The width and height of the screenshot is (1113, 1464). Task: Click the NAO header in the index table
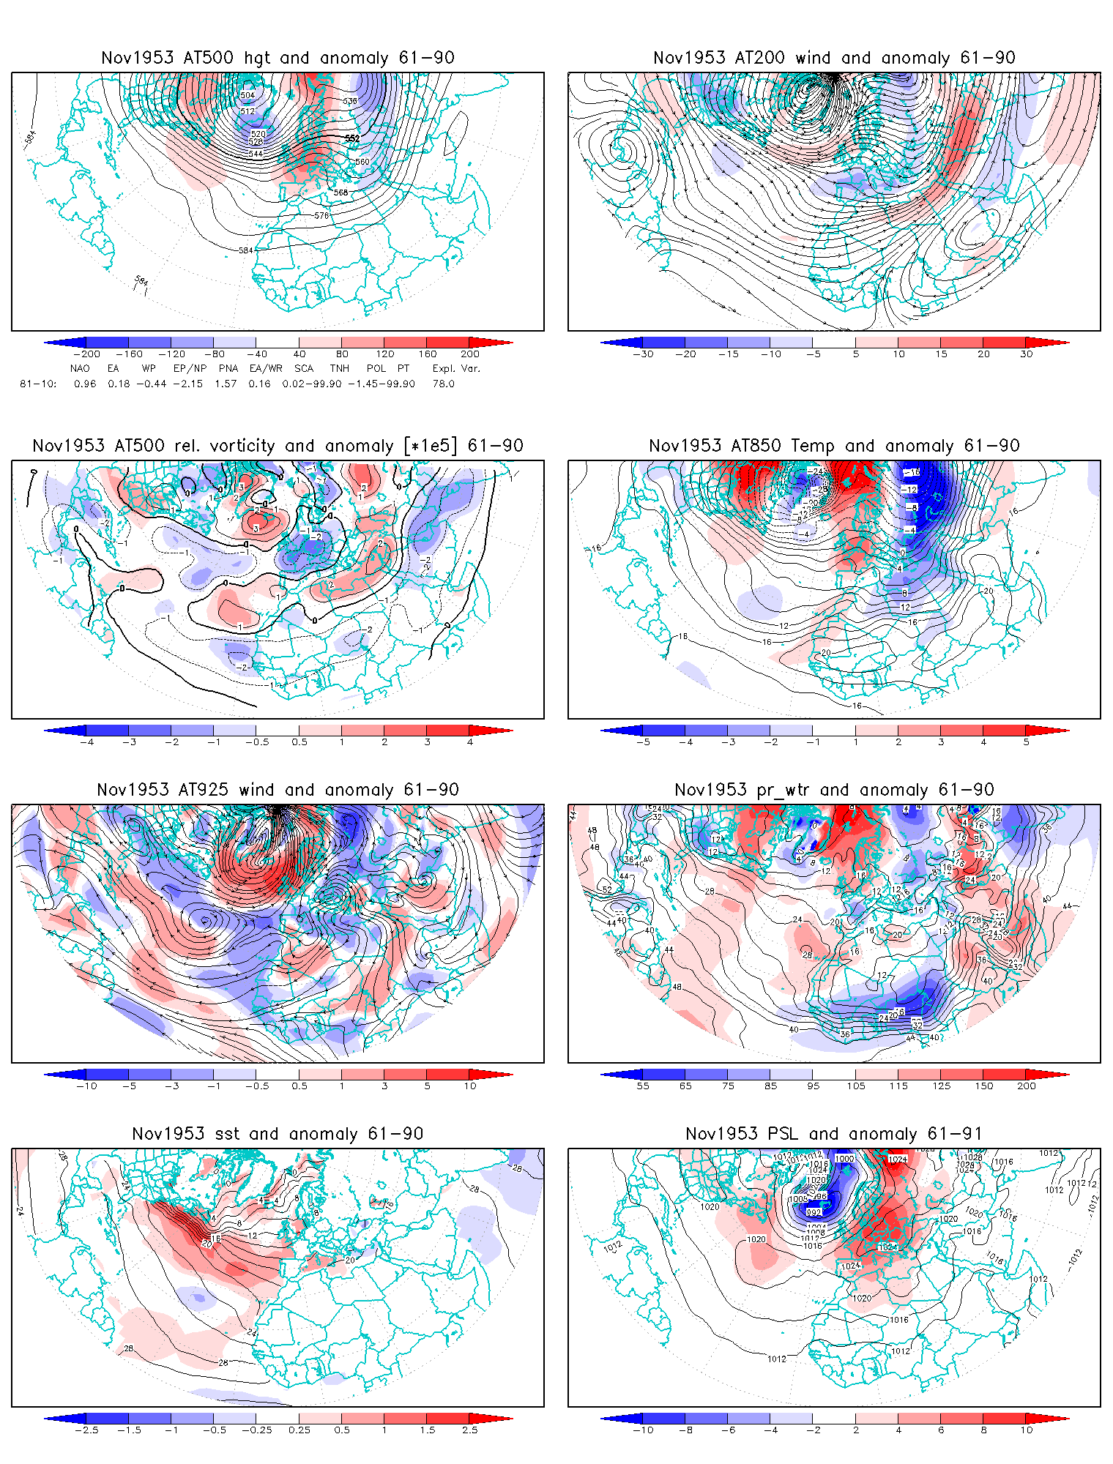pos(80,368)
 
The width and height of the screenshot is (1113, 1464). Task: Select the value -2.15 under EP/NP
pos(188,384)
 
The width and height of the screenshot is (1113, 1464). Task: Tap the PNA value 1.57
pos(226,384)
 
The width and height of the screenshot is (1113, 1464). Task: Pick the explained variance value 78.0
pos(443,384)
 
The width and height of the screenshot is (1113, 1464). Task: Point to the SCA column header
pos(303,368)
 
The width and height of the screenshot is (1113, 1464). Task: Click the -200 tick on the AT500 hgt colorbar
pos(86,354)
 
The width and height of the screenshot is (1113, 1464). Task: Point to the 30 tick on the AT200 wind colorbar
pos(1027,354)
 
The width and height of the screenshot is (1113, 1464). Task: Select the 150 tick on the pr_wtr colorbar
pos(984,1086)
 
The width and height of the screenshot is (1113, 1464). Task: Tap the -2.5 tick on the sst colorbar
pos(86,1430)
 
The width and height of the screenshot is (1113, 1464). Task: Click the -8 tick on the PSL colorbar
pos(685,1430)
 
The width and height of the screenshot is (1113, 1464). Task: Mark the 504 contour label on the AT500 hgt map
pos(247,95)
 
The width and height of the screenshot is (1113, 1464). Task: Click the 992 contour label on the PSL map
pos(814,1212)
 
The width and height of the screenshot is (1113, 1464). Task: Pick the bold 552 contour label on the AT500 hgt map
pos(352,138)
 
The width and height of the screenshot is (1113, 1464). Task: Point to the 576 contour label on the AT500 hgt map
pos(321,216)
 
